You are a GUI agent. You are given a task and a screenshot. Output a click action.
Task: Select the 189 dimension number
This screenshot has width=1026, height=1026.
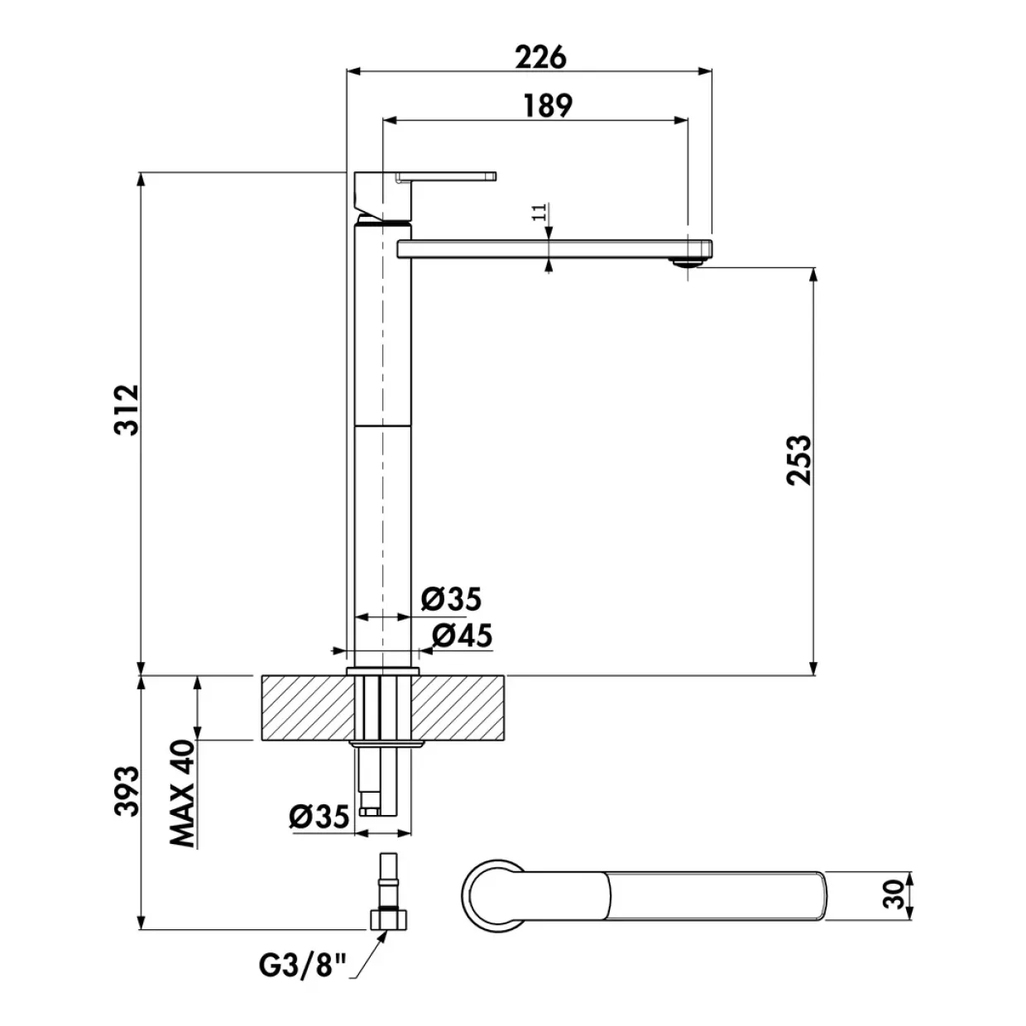tap(548, 105)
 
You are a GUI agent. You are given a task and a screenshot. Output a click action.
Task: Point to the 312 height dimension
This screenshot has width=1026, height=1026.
tap(127, 410)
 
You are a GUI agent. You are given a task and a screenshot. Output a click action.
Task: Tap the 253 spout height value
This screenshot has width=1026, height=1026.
tap(799, 460)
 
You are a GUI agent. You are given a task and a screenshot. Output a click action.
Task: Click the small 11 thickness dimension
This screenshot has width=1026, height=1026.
tap(539, 211)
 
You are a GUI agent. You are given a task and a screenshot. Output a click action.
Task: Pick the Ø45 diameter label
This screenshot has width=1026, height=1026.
tap(462, 635)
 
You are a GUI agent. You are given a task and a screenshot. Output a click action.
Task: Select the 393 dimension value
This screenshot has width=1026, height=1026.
tap(127, 791)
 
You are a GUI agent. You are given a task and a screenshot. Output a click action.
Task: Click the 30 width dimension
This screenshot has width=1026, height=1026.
tap(894, 894)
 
